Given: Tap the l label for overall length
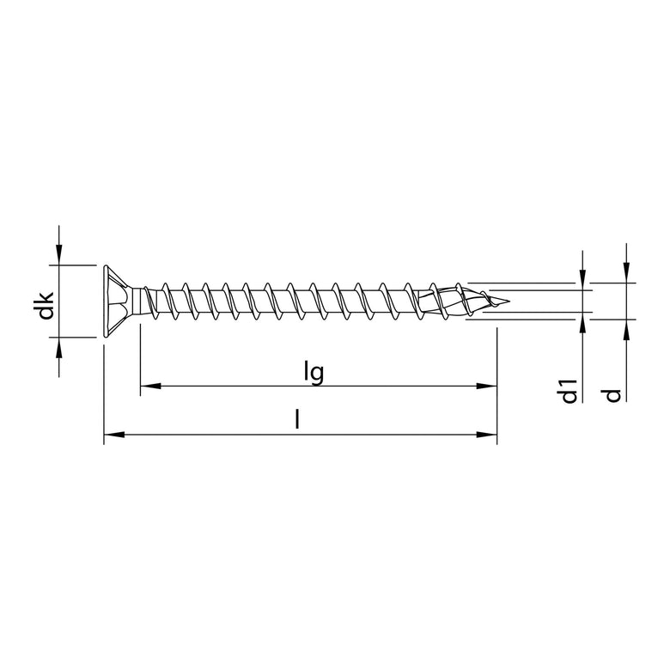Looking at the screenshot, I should coord(297,421).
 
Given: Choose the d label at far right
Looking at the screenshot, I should coord(612,395).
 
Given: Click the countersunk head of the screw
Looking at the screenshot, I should coord(114,301).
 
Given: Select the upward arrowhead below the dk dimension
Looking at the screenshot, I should coord(58,347).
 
